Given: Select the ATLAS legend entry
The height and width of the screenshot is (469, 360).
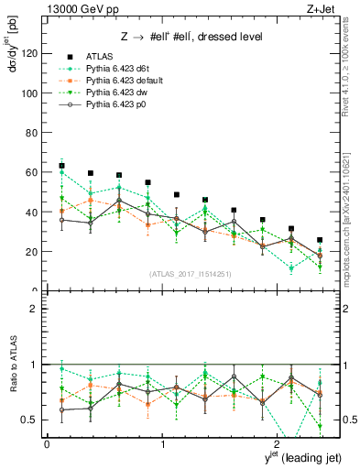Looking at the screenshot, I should (x=98, y=56).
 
